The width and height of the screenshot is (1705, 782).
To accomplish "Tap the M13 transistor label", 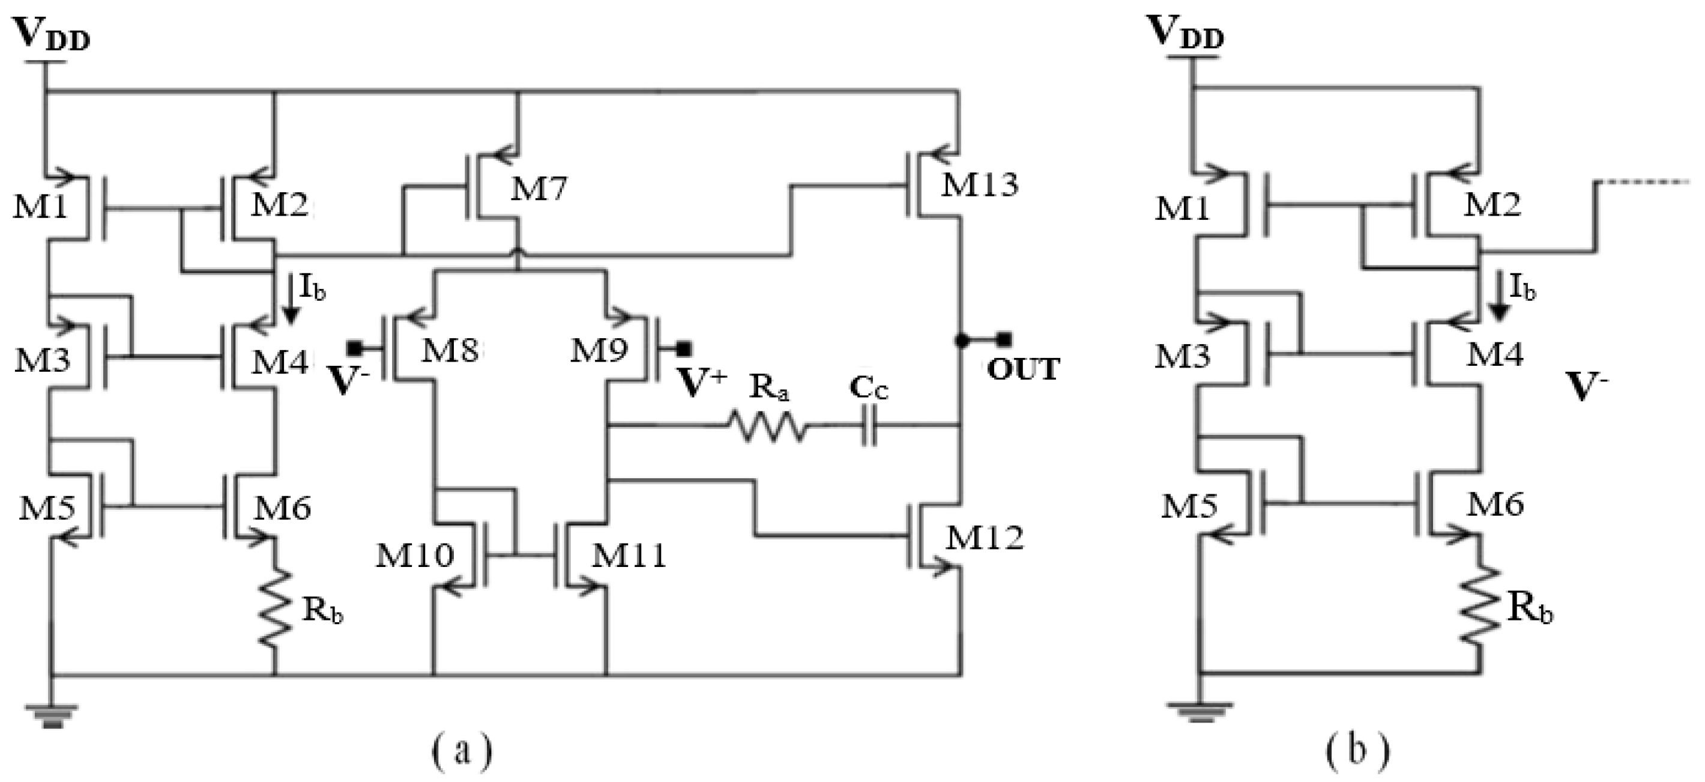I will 980,185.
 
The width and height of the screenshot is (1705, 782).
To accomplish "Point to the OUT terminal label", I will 1022,370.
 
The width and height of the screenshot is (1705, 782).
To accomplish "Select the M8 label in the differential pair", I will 450,350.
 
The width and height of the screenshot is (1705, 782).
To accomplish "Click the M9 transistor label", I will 600,350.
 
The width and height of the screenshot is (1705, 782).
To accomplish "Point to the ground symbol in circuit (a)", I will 52,715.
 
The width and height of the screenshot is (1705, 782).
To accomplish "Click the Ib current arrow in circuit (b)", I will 1500,302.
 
